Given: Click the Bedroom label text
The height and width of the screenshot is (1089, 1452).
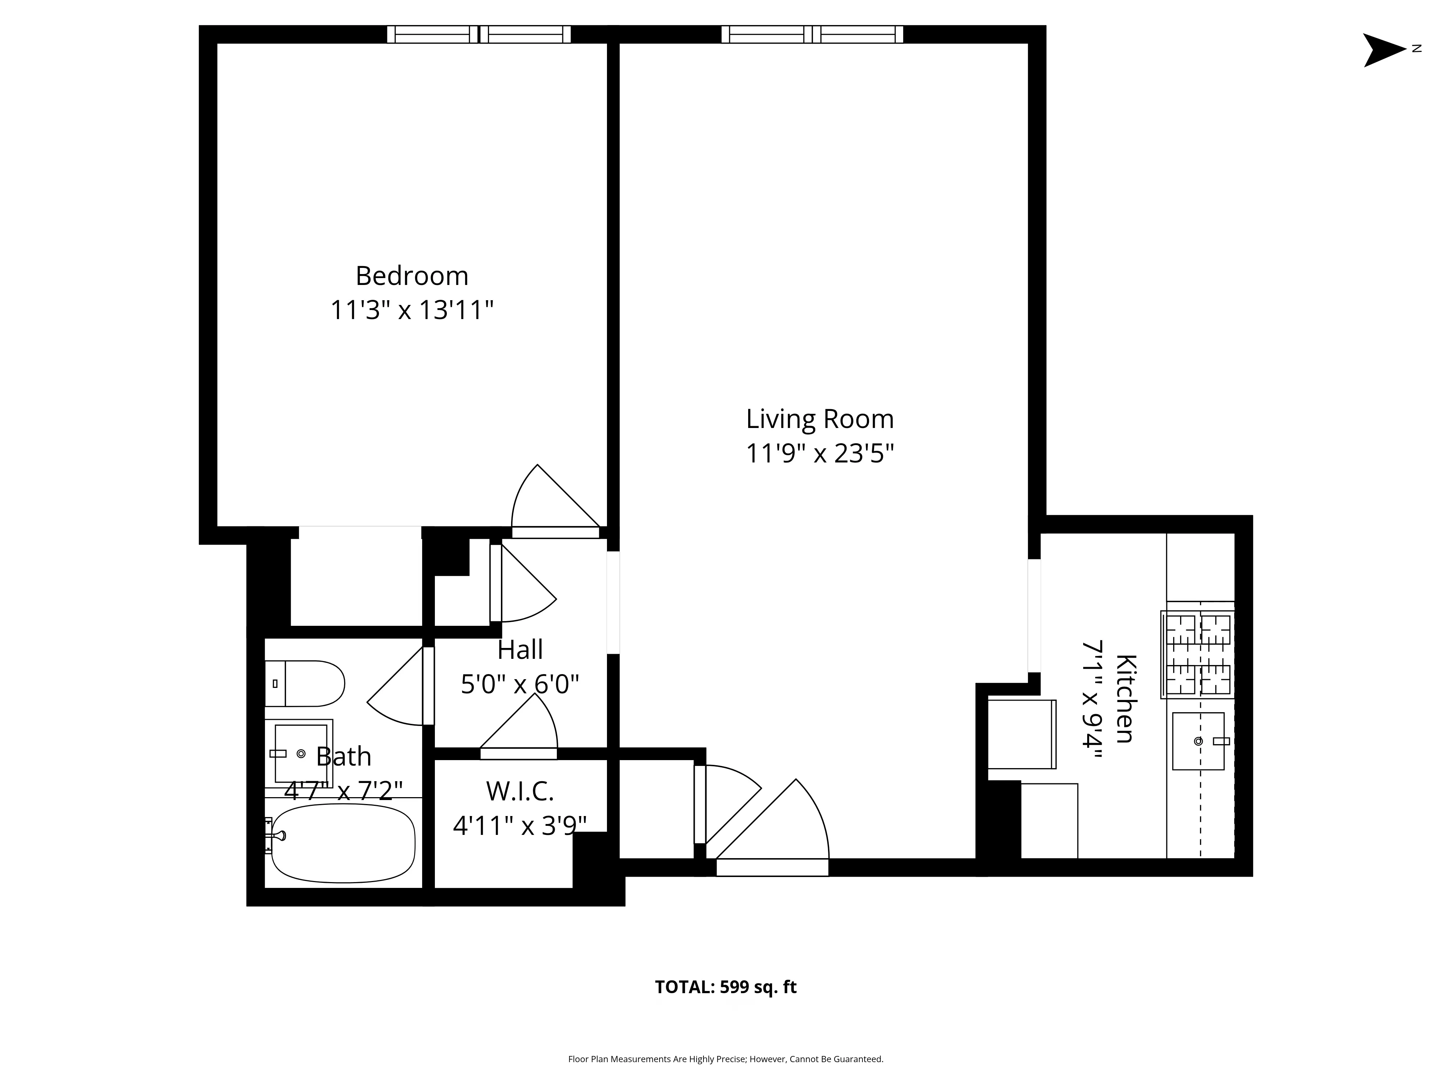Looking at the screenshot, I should [412, 276].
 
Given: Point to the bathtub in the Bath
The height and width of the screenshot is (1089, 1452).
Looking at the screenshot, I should [343, 844].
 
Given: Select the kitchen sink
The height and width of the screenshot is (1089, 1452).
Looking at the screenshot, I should [1198, 741].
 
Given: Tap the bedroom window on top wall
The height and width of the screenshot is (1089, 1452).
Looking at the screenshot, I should [478, 34].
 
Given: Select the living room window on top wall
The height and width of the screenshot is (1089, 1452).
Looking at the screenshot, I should [812, 34].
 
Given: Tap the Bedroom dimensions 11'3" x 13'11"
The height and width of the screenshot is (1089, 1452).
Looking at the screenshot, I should [412, 310].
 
